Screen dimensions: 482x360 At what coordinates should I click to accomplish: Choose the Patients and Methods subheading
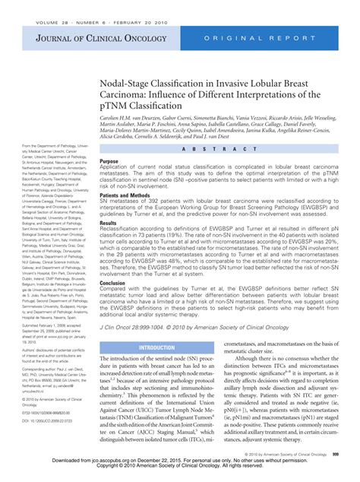129,195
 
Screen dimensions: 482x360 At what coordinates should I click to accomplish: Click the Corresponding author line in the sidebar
39,388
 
